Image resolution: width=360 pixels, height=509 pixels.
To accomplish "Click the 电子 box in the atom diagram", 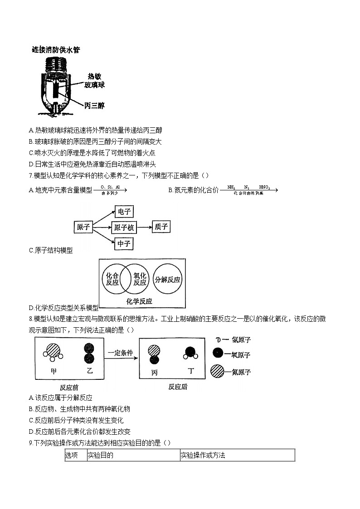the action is pos(124,212).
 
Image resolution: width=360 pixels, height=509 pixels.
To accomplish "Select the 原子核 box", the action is pos(124,228).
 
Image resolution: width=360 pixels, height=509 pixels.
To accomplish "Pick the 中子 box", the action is pos(124,244).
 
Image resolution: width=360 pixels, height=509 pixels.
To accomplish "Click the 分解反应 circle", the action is pos(168,279).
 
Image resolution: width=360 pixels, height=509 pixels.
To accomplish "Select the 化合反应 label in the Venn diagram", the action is pos(112,279).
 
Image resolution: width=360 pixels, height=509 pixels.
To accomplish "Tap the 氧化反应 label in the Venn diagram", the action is pos(140,279).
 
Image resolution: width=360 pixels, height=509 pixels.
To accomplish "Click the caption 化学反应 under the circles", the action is pos(140,301).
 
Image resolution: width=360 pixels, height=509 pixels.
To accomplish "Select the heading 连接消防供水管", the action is pos(56,50).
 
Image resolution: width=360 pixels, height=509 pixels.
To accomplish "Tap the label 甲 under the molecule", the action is pos(54,371).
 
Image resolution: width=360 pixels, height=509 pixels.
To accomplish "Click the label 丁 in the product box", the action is pos(191,371).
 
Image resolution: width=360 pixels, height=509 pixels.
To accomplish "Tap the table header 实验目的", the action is pos(101,455).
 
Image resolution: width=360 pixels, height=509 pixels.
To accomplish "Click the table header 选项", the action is pos(72,455).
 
